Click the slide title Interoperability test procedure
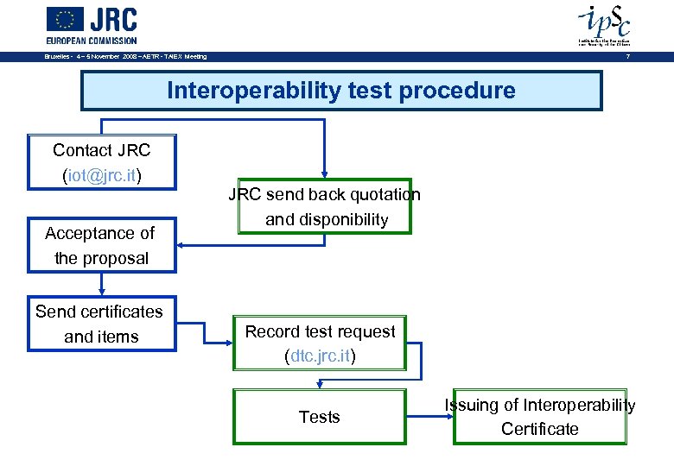[x=340, y=91]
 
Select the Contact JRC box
[x=102, y=161]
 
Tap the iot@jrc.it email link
[x=102, y=175]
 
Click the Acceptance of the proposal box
[x=101, y=245]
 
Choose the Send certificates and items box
[x=100, y=324]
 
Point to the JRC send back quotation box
[x=325, y=206]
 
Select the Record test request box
[x=320, y=343]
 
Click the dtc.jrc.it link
[x=320, y=356]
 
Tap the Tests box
[x=320, y=417]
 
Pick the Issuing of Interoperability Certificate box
[x=540, y=417]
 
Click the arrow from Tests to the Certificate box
[x=429, y=417]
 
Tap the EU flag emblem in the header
[x=66, y=20]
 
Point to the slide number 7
[x=628, y=57]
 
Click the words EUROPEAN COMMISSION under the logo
[x=92, y=40]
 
